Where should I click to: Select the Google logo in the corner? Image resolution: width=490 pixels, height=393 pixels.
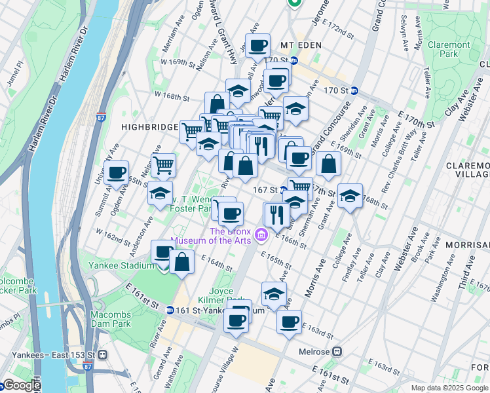(21, 385)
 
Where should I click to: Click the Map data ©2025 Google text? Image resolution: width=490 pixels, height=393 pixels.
(449, 388)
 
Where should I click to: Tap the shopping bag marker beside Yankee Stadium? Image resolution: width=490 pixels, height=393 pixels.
(182, 263)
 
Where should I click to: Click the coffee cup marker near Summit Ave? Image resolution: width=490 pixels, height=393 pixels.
(117, 173)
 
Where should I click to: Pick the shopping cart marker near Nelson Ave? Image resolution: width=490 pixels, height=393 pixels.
(163, 164)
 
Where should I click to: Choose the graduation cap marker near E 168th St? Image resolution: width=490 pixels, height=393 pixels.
(350, 195)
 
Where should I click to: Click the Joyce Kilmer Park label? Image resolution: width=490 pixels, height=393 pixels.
(227, 295)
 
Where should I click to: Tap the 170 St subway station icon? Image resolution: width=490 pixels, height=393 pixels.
(354, 90)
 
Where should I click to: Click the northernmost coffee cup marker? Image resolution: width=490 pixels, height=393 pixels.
(258, 45)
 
